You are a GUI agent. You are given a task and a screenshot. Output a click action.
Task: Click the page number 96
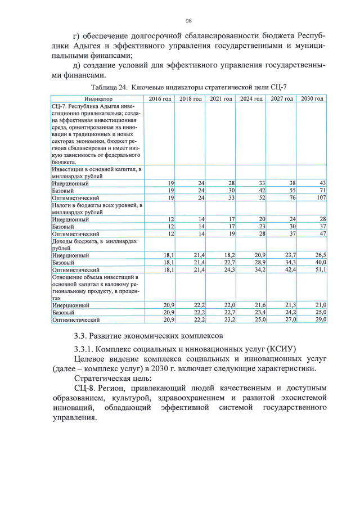188,21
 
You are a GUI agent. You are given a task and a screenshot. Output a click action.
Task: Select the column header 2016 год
159,98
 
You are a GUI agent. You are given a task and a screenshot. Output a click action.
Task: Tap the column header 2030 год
312,98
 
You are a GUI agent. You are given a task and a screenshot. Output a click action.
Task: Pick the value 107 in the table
321,198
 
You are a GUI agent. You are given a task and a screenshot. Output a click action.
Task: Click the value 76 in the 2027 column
292,198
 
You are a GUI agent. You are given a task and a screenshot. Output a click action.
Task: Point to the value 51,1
320,269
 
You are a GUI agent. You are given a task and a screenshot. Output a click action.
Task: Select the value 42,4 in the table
289,269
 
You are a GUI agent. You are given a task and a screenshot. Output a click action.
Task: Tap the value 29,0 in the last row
320,319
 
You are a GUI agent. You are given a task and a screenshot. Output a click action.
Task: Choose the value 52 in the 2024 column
262,198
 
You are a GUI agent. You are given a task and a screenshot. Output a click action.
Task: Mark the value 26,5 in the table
320,255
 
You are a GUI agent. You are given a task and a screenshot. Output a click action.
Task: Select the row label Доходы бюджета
84,241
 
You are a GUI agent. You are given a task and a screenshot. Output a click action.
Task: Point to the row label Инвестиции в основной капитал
96,169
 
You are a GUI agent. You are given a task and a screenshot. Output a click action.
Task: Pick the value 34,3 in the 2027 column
289,262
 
